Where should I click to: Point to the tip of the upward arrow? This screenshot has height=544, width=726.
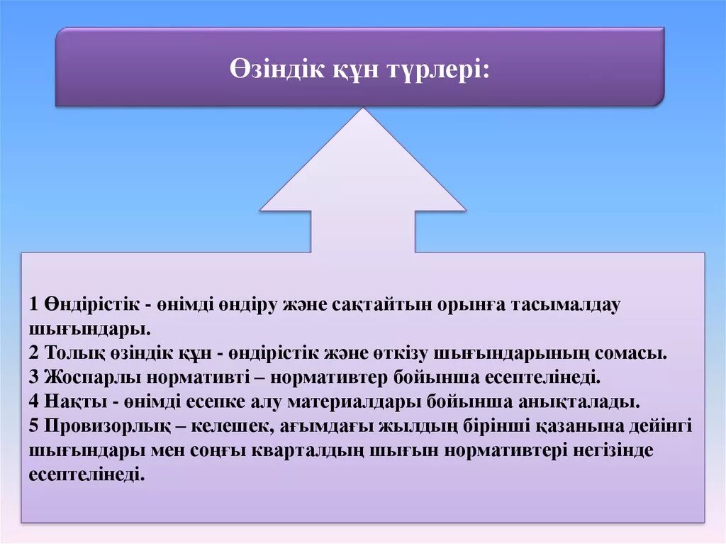pos(363,111)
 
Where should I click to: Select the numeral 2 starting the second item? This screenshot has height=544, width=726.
pos(34,353)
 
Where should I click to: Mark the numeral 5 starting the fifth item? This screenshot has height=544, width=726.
pos(34,426)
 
